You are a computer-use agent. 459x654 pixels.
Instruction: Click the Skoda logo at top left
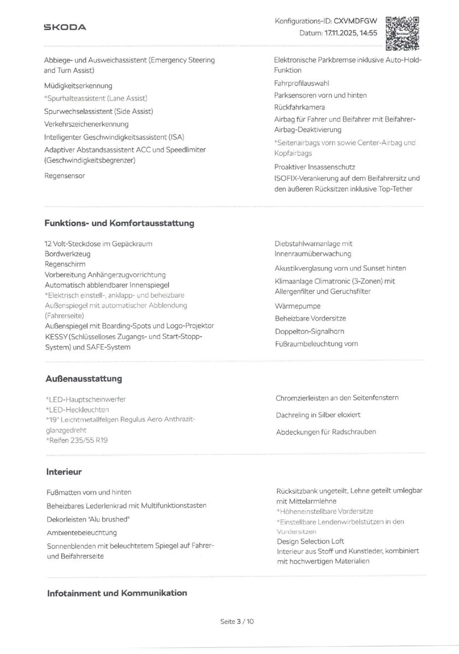65,27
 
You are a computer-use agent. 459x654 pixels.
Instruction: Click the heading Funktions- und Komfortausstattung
119,223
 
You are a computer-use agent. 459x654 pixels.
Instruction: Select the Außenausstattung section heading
85,378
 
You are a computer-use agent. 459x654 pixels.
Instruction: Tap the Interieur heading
64,471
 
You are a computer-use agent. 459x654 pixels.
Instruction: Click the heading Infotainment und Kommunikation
117,593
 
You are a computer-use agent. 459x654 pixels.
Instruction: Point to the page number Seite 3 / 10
237,621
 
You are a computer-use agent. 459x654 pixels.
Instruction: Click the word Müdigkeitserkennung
78,86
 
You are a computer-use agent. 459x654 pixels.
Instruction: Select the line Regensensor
64,175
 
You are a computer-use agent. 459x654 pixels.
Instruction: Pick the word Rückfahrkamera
300,107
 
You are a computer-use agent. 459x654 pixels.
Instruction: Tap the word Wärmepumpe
297,306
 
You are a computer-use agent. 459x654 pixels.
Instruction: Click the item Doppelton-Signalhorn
309,331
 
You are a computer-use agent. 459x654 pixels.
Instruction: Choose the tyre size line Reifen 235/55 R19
78,440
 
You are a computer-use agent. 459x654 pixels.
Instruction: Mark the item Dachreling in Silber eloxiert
318,415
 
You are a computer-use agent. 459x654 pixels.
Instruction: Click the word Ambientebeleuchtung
82,532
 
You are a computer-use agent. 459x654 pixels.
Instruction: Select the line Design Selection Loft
310,541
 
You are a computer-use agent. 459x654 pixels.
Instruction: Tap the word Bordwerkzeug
68,254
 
